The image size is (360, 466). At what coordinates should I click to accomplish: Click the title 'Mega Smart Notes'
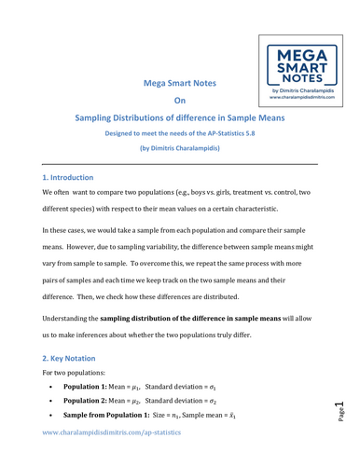(x=179, y=83)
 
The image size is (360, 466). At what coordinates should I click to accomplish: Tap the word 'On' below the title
(x=180, y=101)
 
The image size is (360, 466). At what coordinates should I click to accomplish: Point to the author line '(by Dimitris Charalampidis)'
(x=180, y=147)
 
